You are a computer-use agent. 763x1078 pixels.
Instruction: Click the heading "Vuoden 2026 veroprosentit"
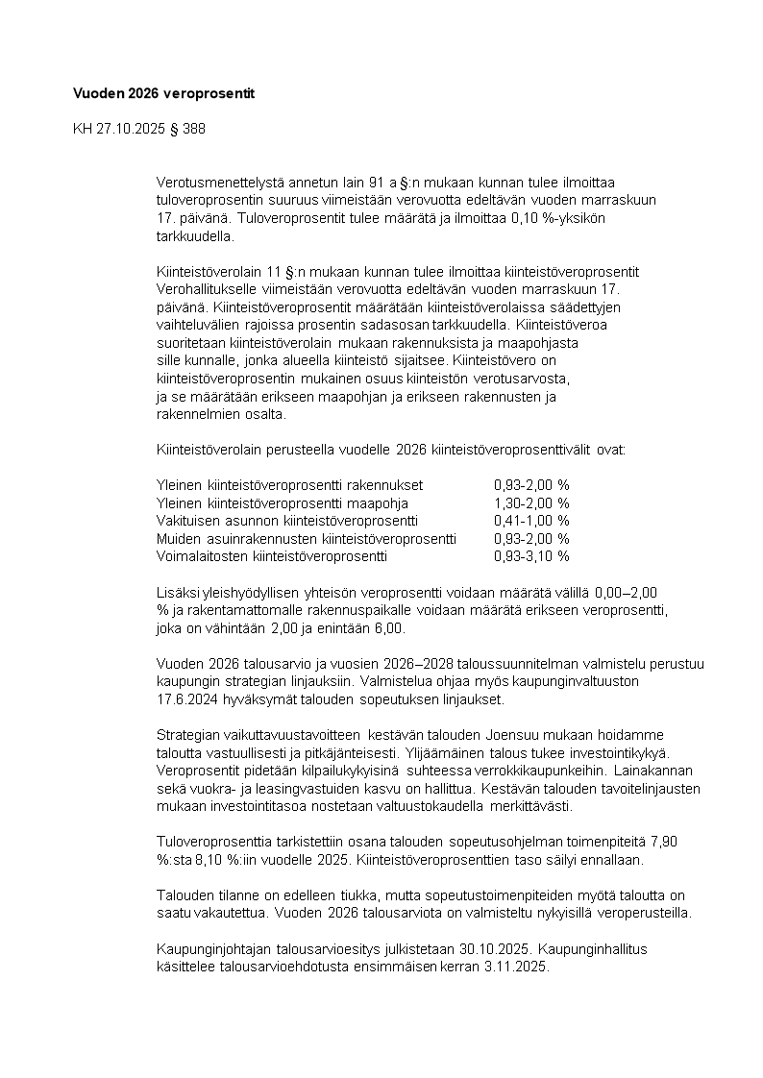coord(163,93)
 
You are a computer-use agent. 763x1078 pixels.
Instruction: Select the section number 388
coord(192,128)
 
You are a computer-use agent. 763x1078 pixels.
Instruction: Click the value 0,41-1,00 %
coord(531,520)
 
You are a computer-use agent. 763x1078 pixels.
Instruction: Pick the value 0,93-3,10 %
coord(531,555)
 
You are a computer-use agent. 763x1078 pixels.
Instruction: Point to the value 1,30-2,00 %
coord(531,502)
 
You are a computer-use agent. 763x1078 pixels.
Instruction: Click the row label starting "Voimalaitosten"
coord(271,555)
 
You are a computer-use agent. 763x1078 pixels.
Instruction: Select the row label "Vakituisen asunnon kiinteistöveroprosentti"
coord(286,520)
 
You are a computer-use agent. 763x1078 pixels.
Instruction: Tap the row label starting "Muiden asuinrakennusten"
coord(307,538)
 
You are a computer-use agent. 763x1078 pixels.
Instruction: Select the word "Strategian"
coord(186,734)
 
